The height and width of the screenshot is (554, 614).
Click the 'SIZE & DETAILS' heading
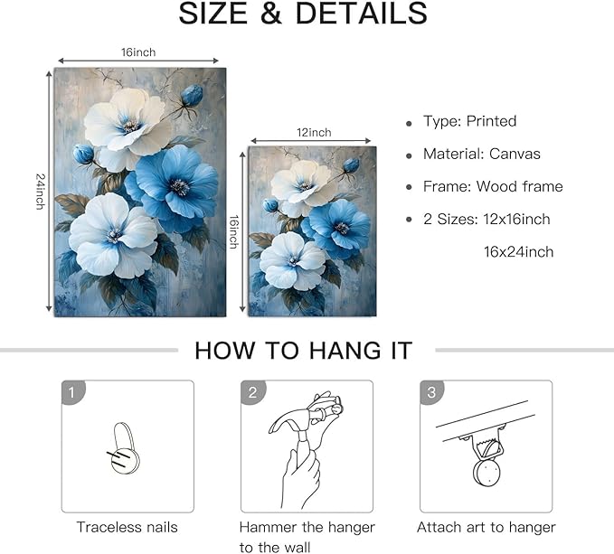click(303, 14)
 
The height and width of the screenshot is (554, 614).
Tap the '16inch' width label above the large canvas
click(139, 52)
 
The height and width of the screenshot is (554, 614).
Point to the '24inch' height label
click(40, 191)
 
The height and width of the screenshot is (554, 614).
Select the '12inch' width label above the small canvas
click(313, 132)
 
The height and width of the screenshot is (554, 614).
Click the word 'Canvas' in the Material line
click(515, 154)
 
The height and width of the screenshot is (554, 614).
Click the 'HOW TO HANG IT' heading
click(304, 350)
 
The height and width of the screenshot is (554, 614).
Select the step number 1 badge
click(71, 391)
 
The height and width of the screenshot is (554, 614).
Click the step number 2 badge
click(252, 391)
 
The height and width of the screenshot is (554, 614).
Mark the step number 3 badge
click(432, 391)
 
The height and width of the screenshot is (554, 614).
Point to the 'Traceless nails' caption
click(127, 527)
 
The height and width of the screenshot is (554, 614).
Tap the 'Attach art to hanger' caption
click(486, 527)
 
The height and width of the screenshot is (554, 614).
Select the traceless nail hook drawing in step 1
click(128, 448)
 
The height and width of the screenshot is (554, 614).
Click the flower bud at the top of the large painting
click(192, 94)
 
